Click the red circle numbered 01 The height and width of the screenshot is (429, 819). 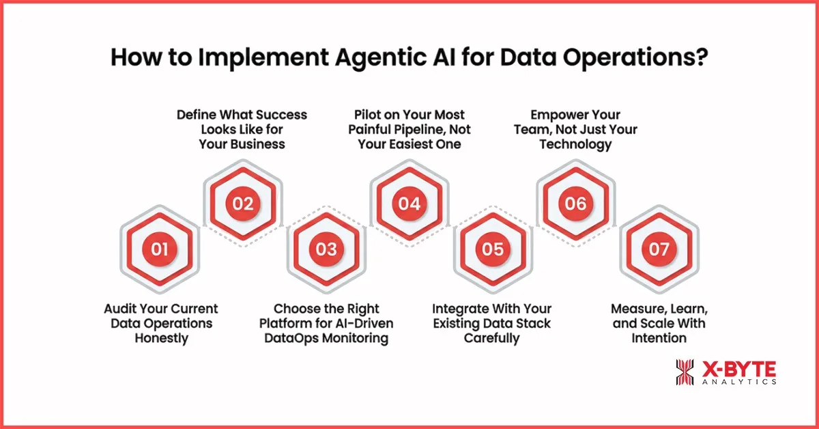(160, 249)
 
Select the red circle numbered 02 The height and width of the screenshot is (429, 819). (243, 204)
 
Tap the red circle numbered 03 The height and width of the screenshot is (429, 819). (326, 249)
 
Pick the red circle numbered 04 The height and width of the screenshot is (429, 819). (409, 204)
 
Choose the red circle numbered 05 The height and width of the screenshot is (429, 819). (493, 249)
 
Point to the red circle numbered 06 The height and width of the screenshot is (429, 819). (576, 204)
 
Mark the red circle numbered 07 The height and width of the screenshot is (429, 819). (659, 249)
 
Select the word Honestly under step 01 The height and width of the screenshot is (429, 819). (161, 337)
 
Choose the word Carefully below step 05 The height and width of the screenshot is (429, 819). (492, 337)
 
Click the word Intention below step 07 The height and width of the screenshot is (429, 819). (659, 337)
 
